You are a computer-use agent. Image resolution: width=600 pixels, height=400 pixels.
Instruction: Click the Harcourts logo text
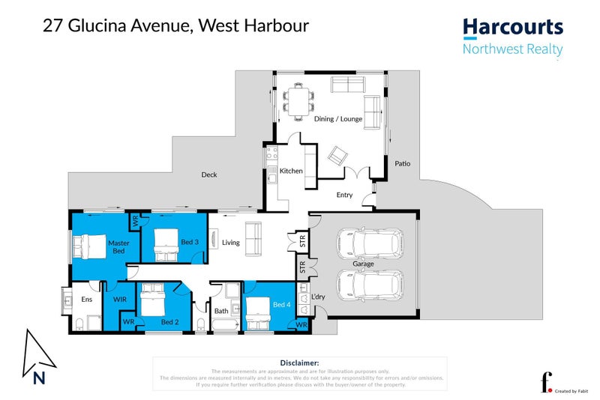[x=512, y=28]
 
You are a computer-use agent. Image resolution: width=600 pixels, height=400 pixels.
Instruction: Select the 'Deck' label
[x=208, y=175]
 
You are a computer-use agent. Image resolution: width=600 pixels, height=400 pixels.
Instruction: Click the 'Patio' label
[x=402, y=163]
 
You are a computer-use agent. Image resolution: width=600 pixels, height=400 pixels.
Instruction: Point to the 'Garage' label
[x=364, y=264]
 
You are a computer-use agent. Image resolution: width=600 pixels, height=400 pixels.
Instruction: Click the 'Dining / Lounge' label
[x=337, y=118]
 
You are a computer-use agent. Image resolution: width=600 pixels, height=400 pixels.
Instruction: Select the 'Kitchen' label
[x=291, y=171]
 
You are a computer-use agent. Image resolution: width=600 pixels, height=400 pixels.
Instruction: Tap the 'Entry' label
[x=344, y=196]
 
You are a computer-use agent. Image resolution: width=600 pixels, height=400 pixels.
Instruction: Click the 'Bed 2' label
[x=169, y=322]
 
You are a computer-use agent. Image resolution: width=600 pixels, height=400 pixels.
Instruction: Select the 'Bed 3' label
[x=190, y=242]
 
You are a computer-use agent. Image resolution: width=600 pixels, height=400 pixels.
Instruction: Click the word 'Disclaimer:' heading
[x=299, y=362]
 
